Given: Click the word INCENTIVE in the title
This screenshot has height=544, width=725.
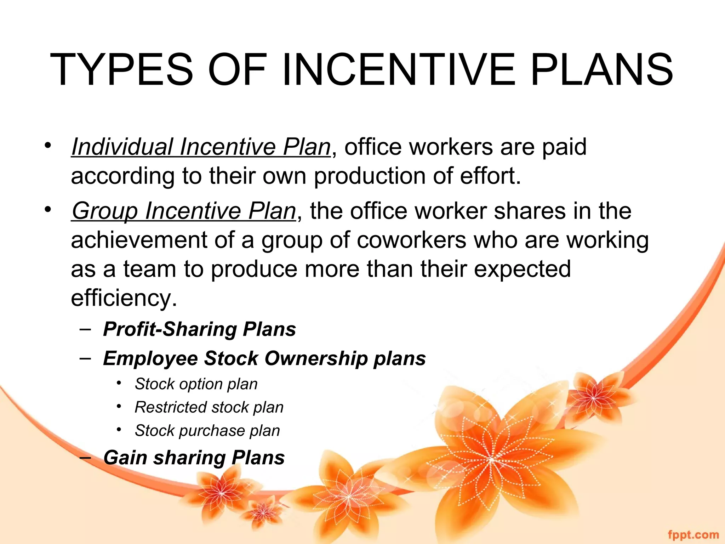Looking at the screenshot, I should pyautogui.click(x=399, y=70).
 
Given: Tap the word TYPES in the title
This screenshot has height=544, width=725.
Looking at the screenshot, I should pyautogui.click(x=122, y=70).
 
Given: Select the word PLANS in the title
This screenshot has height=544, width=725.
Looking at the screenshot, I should pyautogui.click(x=601, y=70).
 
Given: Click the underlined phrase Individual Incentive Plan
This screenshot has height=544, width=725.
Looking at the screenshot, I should pyautogui.click(x=201, y=147).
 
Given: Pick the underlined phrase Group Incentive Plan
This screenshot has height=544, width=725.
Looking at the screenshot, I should pyautogui.click(x=184, y=211).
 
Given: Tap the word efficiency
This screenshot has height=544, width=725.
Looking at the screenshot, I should pyautogui.click(x=123, y=298).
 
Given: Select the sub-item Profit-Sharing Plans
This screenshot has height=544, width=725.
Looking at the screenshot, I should pyautogui.click(x=199, y=329).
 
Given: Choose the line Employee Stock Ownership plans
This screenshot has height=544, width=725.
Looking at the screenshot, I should pyautogui.click(x=264, y=358).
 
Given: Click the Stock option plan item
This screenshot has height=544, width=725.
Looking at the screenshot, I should pyautogui.click(x=196, y=384).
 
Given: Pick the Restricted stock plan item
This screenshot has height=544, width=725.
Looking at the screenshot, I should pyautogui.click(x=209, y=408).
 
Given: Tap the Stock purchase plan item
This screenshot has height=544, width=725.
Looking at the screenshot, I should pyautogui.click(x=207, y=431).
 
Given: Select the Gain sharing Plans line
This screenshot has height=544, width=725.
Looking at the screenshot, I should pyautogui.click(x=194, y=458).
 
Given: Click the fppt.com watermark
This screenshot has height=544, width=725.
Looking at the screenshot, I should pyautogui.click(x=693, y=534).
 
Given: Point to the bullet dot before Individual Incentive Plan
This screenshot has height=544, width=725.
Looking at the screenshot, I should pyautogui.click(x=48, y=145).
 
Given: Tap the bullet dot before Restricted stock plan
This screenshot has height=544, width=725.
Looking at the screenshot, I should pyautogui.click(x=119, y=406).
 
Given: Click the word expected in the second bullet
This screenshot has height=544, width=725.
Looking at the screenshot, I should pyautogui.click(x=522, y=269).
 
